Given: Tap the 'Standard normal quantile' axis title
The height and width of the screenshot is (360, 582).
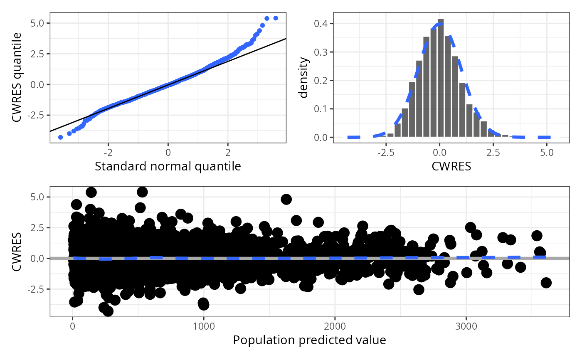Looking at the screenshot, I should pos(168,167).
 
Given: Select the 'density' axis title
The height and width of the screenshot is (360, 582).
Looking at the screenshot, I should pos(304,78).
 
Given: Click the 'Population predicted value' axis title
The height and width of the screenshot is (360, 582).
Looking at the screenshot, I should pos(309,340).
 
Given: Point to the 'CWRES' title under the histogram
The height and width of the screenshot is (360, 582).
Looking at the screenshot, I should pos(451,167).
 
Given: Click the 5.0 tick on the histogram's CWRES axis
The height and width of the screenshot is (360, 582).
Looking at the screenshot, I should pos(547,152).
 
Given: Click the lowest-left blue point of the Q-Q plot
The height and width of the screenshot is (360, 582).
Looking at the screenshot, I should pos(60,137).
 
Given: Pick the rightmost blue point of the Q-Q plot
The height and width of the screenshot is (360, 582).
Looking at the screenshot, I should pos(275,18).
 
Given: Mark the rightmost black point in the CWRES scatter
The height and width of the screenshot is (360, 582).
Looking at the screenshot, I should pos(546,283).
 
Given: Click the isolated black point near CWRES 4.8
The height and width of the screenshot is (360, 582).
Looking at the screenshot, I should pos(286,199).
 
